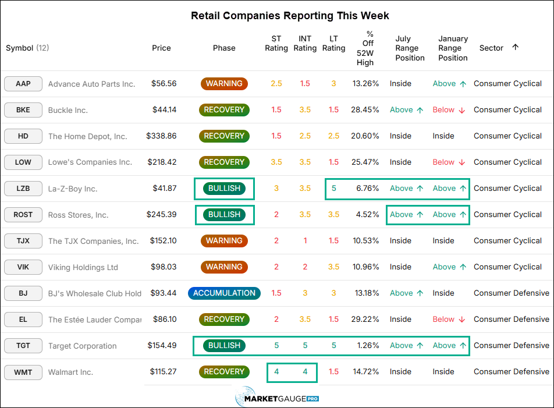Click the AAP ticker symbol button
[23, 84]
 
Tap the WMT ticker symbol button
[23, 372]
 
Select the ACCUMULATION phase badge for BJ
[225, 293]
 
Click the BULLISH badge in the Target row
[225, 346]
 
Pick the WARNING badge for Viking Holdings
[225, 267]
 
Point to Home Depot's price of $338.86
[161, 136]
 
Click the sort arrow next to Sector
[516, 47]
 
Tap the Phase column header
[224, 48]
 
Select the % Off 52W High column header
[365, 48]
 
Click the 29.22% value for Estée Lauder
[365, 320]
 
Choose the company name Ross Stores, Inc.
[79, 215]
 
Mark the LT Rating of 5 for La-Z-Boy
[334, 188]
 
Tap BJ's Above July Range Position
[406, 293]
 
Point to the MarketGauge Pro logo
[278, 398]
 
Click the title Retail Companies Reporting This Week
[290, 16]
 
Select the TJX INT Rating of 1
[306, 241]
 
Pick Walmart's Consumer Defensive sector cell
[512, 371]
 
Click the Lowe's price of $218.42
[162, 162]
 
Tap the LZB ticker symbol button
[23, 189]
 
